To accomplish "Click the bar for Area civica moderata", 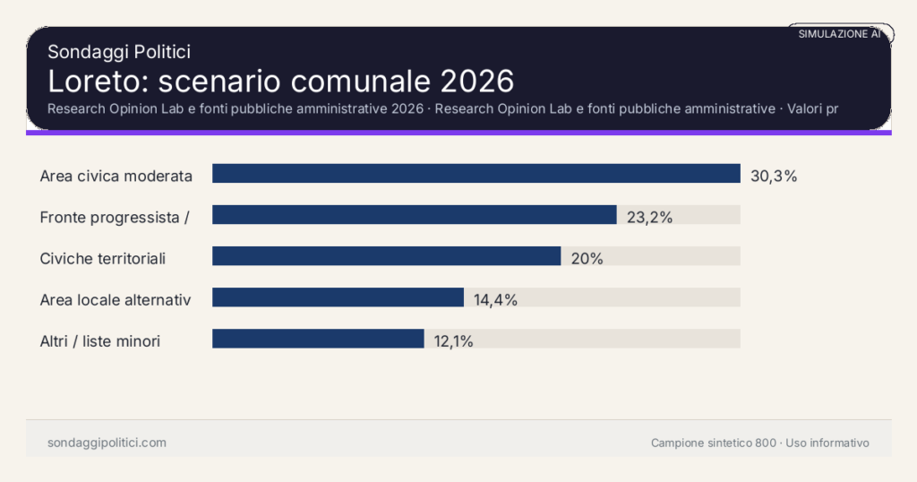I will (476, 174).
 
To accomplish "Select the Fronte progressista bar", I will (414, 215).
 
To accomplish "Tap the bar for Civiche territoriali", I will (386, 256).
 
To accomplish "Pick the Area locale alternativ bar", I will (338, 297).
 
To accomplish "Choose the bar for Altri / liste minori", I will (318, 339).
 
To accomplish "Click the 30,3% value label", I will (774, 176).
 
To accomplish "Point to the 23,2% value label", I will (649, 217).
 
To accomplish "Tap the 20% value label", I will (587, 259).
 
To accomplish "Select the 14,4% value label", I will (495, 300).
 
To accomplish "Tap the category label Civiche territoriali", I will (103, 259).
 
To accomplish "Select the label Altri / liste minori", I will (100, 341).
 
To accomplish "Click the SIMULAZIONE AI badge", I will (839, 34).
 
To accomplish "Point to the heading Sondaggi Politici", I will (118, 53).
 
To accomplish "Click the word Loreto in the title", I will (98, 82).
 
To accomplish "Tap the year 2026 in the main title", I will (476, 82).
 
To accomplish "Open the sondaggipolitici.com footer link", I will (107, 443).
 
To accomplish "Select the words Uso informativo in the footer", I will (827, 443).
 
